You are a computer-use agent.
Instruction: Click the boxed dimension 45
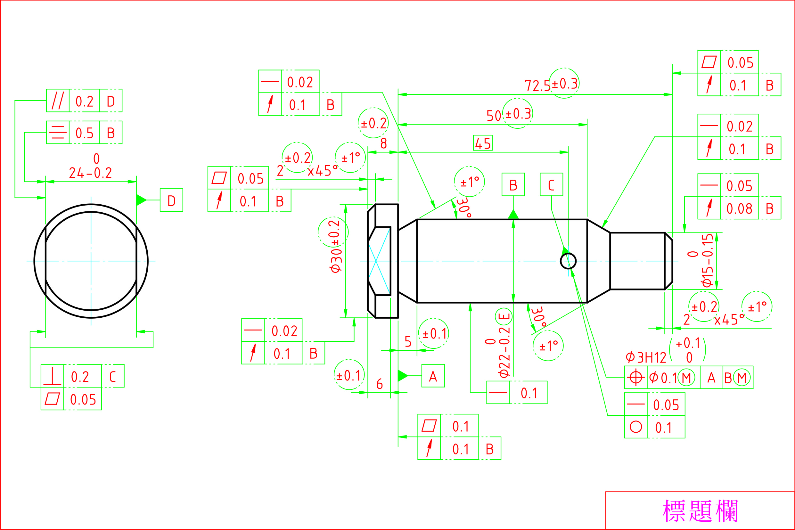tap(482, 143)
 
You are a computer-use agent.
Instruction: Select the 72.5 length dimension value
tap(537, 86)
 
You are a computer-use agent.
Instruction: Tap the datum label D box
tap(171, 200)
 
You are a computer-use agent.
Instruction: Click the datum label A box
tap(433, 376)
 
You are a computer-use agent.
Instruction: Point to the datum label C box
tap(551, 184)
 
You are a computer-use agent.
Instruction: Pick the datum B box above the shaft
tap(513, 184)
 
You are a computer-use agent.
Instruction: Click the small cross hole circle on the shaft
tap(568, 261)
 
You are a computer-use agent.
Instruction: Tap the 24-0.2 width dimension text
tap(91, 173)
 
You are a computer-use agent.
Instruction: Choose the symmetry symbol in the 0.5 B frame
tap(58, 133)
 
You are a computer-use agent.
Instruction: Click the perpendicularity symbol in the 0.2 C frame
tap(53, 376)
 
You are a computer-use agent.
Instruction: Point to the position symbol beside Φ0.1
tap(635, 378)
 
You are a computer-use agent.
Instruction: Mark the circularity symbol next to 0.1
tap(635, 427)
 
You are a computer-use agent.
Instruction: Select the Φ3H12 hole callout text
tap(646, 358)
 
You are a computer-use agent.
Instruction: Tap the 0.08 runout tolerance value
tap(739, 208)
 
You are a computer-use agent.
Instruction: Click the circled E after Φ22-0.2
tap(504, 317)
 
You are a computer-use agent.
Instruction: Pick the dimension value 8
tap(383, 143)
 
